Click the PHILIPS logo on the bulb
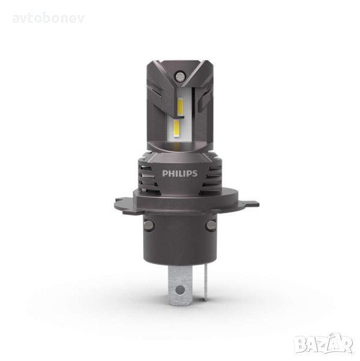180,173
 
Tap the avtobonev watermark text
48,19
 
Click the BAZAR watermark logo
325,344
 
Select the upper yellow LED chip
180,107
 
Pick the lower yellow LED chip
177,129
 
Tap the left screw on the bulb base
148,224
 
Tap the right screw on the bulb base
211,224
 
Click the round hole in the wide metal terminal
180,289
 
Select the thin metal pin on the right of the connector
205,283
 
